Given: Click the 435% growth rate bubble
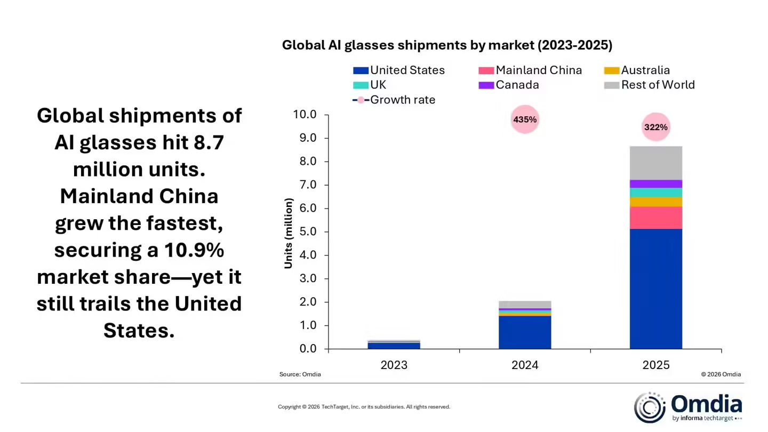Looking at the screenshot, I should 525,119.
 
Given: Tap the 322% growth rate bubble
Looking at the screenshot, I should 655,127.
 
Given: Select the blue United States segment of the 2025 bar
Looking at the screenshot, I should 655,289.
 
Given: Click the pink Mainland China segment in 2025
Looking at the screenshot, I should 655,218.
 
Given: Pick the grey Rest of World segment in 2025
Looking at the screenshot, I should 655,163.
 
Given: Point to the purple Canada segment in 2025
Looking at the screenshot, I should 655,183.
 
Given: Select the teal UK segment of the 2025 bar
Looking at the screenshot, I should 655,193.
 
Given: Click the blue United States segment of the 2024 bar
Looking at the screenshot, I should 525,332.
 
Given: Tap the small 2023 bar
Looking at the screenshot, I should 394,345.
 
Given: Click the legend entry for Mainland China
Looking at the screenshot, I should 539,70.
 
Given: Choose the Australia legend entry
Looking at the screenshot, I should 645,70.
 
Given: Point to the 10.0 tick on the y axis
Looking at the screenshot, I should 305,115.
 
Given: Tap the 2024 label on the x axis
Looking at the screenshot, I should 525,365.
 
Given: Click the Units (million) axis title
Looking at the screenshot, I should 289,233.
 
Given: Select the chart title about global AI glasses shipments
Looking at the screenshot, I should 447,45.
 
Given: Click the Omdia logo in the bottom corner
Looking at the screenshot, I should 688,407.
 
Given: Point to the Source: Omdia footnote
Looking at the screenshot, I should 300,374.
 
